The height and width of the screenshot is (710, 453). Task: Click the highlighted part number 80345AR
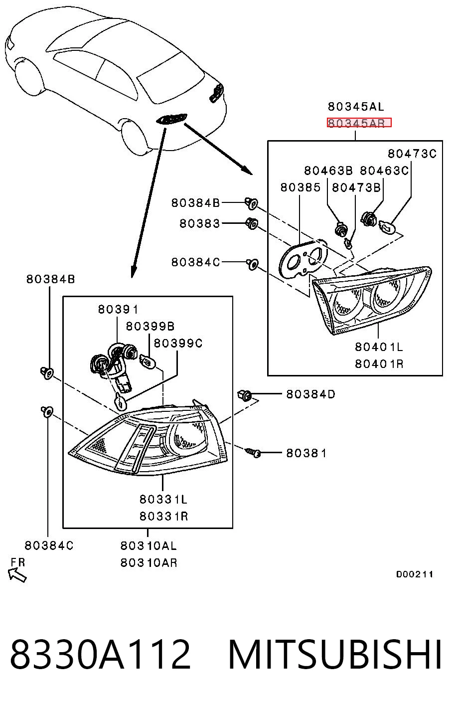click(359, 122)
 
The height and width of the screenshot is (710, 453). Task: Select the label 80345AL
click(356, 107)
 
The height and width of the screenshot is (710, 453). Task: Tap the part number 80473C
click(412, 154)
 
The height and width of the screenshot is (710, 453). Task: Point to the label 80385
click(301, 187)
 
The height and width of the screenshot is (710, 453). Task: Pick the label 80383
click(199, 223)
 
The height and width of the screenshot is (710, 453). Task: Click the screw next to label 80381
click(253, 452)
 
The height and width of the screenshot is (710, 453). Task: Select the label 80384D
click(310, 394)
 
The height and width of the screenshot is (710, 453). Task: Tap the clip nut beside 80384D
click(245, 395)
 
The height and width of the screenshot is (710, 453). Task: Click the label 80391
click(118, 309)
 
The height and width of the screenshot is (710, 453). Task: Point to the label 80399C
click(178, 343)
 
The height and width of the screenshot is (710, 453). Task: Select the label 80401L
click(379, 347)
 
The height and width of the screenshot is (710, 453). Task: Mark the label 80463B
click(328, 171)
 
